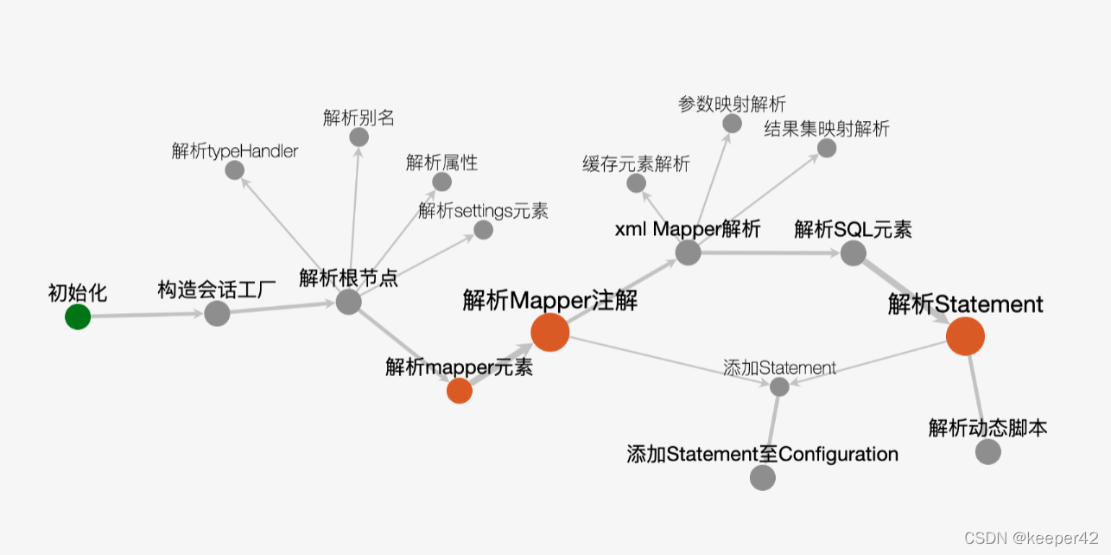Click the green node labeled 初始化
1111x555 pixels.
78,317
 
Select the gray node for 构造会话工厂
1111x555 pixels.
217,313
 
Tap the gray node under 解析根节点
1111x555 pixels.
348,302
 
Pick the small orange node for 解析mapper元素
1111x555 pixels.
460,391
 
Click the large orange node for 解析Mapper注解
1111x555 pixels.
550,333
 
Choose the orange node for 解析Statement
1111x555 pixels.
965,336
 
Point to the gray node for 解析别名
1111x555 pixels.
359,137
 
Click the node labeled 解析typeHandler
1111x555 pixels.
235,170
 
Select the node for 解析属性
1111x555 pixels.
441,182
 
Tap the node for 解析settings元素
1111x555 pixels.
484,230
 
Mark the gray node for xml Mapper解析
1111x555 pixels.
688,252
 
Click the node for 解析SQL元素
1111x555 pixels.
853,252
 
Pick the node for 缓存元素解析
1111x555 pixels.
637,183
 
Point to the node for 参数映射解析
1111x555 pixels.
732,124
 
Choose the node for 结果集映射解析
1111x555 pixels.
827,148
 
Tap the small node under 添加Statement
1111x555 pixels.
779,386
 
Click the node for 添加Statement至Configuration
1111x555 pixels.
763,477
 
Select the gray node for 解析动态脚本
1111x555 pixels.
987,451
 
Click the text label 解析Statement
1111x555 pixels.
965,304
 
